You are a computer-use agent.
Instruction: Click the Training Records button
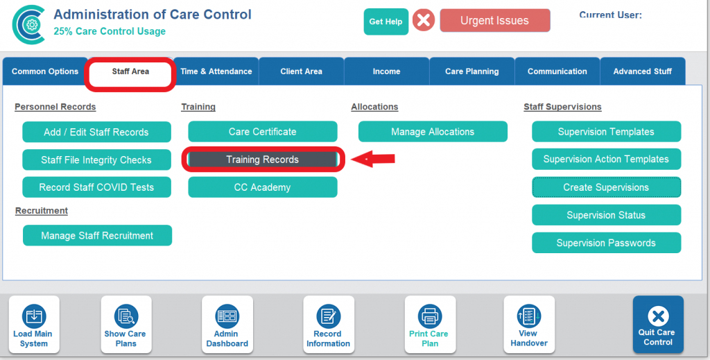coord(263,160)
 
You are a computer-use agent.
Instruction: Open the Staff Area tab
coord(130,71)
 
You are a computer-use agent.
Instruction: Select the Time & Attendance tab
coord(216,71)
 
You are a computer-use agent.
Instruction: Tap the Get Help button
coord(386,22)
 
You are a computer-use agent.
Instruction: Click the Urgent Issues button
coord(495,21)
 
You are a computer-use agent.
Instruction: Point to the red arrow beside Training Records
coord(373,159)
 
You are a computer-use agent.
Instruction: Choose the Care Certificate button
coord(263,132)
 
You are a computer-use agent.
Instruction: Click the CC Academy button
coord(263,187)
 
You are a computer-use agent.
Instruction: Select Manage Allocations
coord(433,132)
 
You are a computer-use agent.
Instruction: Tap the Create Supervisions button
coord(606,187)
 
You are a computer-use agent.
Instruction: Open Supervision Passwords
coord(606,243)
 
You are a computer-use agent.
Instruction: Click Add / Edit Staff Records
coord(96,132)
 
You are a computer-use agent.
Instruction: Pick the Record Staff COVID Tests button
coord(96,187)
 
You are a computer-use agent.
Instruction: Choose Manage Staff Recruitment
coord(97,235)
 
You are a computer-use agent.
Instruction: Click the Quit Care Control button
coord(658,324)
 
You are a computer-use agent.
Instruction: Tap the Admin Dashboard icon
coord(227,316)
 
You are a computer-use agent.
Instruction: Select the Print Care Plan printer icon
coord(430,316)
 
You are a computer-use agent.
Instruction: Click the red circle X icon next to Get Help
coord(424,21)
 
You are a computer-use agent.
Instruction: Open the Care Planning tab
coord(471,71)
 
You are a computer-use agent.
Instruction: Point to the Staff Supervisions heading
coord(562,107)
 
